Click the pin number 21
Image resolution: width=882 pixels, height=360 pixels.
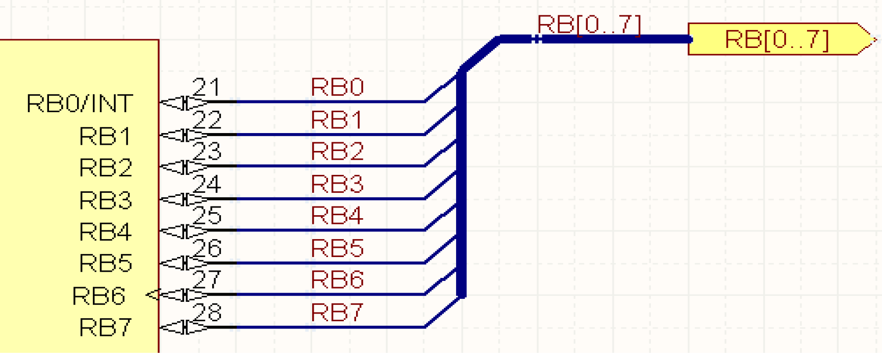coord(207,87)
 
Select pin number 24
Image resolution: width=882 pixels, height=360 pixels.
coord(207,184)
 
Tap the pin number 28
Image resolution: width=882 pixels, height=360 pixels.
coord(207,313)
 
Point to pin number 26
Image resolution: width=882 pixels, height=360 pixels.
coord(207,248)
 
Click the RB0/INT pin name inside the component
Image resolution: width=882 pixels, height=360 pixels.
coord(80,104)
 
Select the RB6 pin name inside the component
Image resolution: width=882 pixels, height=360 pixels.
coord(98,296)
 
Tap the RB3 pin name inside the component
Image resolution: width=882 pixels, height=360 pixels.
coord(106,200)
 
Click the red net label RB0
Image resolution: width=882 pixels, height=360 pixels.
coord(337,87)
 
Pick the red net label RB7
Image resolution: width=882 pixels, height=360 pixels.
coord(337,312)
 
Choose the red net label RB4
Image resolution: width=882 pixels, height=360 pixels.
coord(337,216)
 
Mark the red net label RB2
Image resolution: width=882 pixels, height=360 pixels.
coord(337,151)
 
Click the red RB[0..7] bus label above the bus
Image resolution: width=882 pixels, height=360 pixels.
coord(589,24)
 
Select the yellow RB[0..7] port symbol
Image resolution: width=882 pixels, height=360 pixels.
coord(777,39)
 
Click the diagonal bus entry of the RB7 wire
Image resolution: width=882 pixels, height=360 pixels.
coord(441,313)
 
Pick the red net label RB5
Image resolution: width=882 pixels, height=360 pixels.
coord(337,248)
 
